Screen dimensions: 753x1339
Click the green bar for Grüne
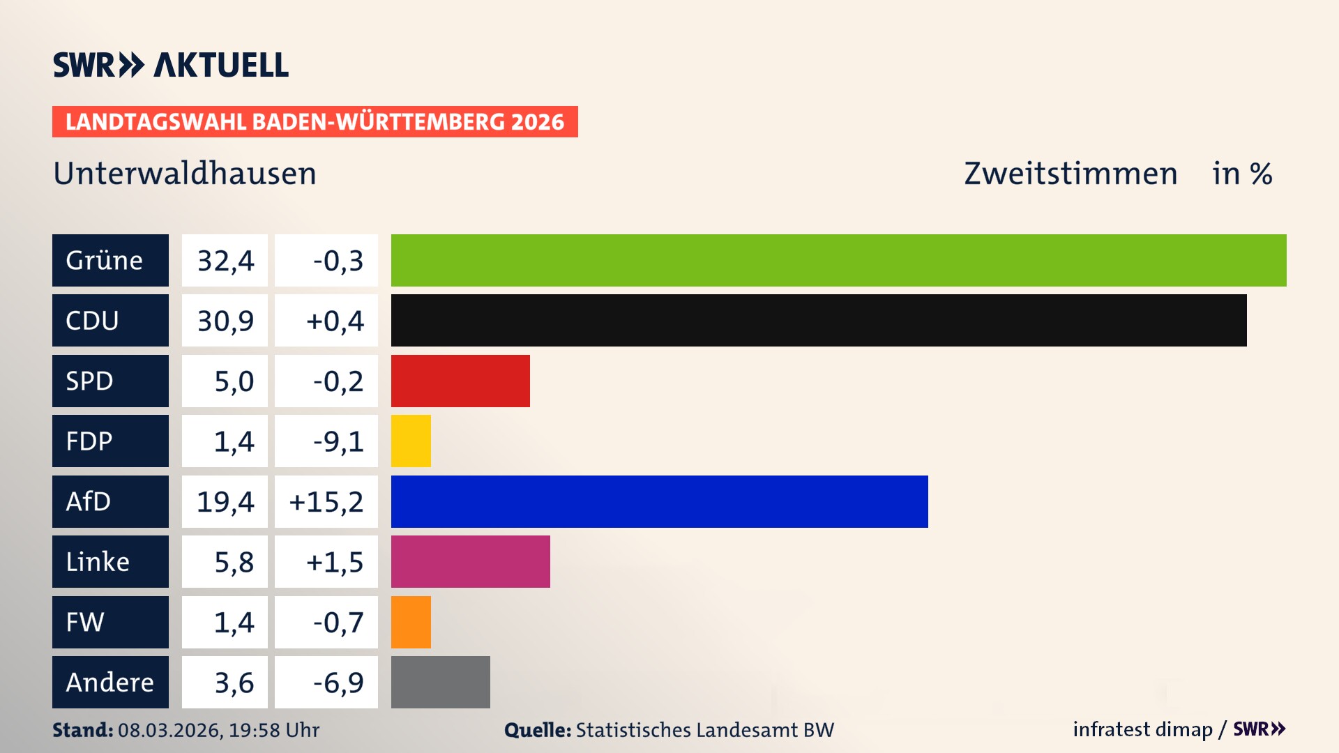tap(838, 260)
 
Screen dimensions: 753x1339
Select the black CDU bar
tap(819, 320)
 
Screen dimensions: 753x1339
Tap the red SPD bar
tap(460, 381)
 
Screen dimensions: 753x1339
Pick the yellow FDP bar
tap(411, 441)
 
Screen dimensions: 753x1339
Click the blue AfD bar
tap(659, 501)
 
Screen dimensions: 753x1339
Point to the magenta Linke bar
tap(470, 561)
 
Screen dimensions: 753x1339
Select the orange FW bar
tap(411, 622)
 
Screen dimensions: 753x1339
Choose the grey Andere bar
tap(440, 682)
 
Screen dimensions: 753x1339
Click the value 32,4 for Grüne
tap(225, 260)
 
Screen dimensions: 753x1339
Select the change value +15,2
tap(326, 501)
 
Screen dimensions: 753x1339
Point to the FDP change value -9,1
tap(338, 441)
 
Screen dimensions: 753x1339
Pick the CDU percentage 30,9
tap(225, 320)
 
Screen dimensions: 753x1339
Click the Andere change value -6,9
tap(338, 682)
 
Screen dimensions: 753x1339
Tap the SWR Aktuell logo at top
tap(171, 65)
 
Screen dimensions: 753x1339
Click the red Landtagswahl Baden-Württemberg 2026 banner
tap(315, 121)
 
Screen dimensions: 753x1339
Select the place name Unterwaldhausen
tap(185, 174)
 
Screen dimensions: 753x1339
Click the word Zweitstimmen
tap(1071, 174)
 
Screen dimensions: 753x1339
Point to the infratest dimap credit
tap(1142, 729)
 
